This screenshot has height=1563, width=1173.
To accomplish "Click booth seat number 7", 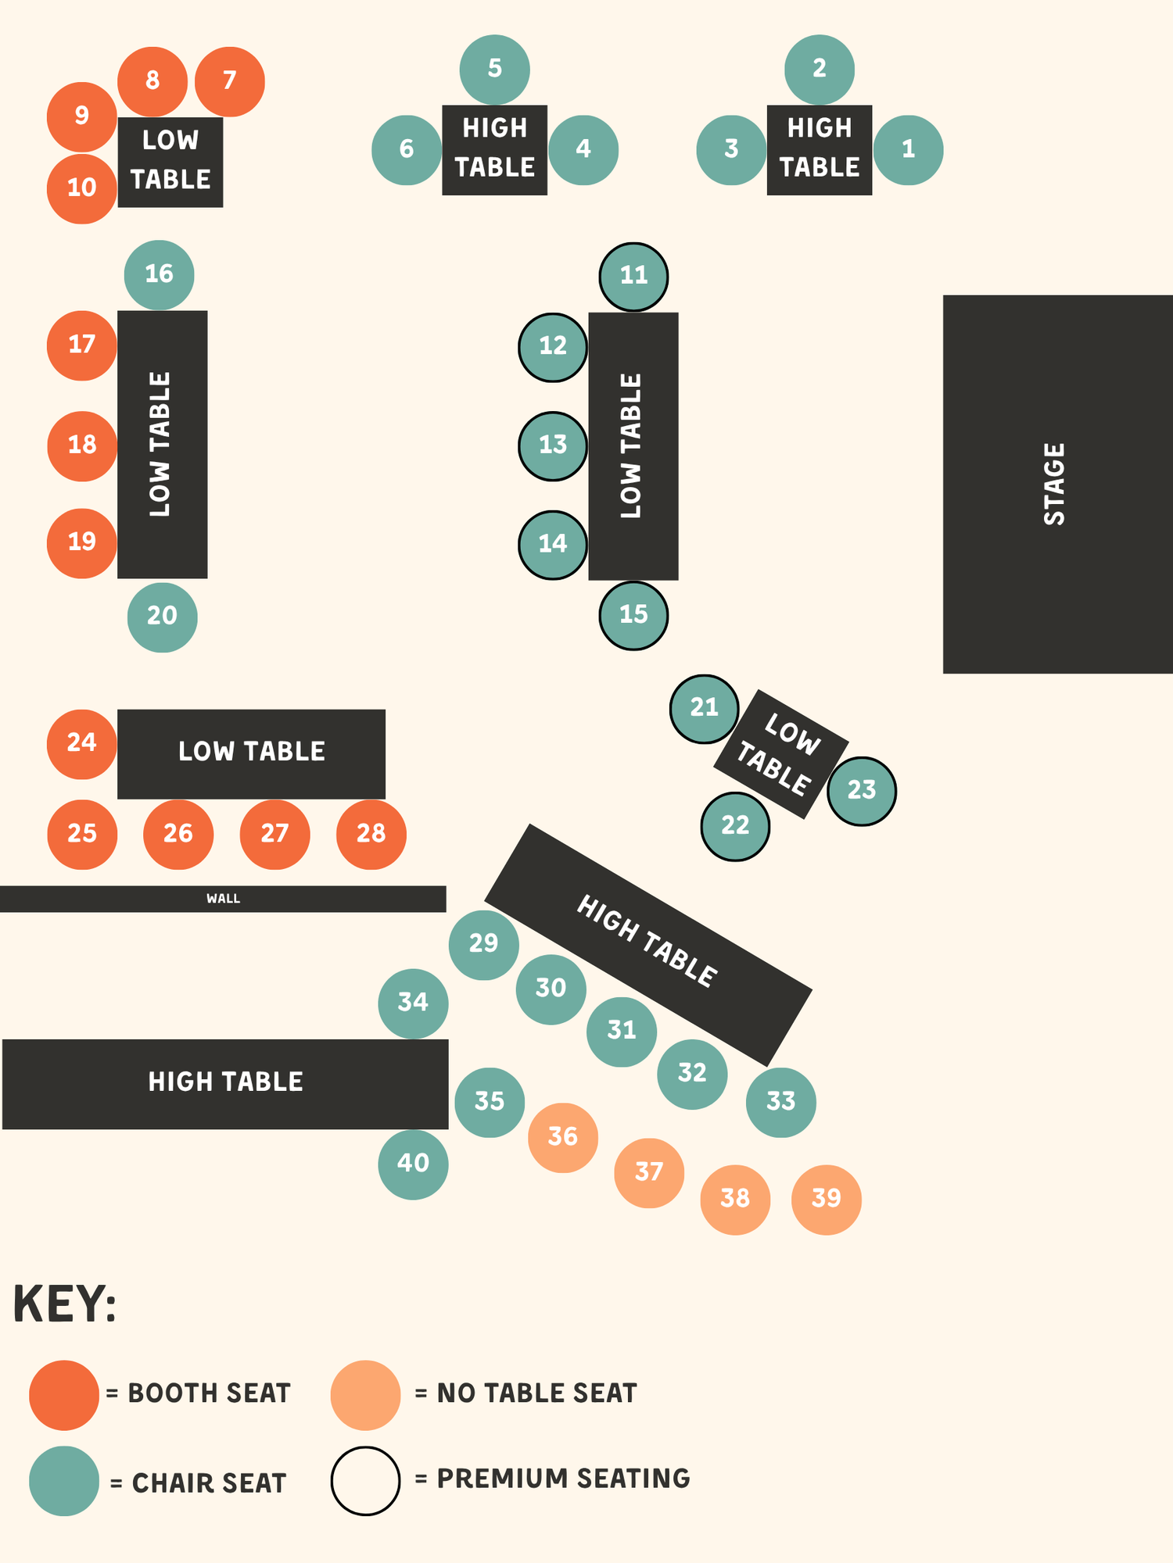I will click(x=229, y=81).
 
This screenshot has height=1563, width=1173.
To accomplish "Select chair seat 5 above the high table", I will click(x=494, y=69).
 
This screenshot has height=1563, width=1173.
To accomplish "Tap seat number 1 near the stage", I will click(x=908, y=149).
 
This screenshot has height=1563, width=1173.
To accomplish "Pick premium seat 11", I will click(x=633, y=276).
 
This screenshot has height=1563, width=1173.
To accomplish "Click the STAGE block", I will click(x=1056, y=484).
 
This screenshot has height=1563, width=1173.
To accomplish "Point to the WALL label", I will click(x=223, y=899).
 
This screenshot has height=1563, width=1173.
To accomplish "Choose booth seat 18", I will click(x=82, y=445).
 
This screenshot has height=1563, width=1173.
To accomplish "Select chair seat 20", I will click(x=162, y=617).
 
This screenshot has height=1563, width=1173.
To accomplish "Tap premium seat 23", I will click(x=862, y=791).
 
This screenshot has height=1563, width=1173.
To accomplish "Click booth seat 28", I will click(x=371, y=834).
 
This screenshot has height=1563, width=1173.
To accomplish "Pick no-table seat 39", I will click(x=826, y=1199).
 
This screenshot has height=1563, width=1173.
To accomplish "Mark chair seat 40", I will click(x=413, y=1164).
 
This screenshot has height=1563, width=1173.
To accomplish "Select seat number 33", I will click(x=780, y=1102).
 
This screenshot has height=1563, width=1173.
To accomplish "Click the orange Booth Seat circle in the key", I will click(x=64, y=1395).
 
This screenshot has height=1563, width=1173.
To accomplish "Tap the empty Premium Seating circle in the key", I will click(x=365, y=1480).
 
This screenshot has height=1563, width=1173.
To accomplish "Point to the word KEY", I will click(x=65, y=1304).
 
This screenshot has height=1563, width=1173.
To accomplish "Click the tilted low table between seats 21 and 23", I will click(x=780, y=753).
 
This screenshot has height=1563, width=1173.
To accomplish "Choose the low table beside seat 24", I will click(x=251, y=753).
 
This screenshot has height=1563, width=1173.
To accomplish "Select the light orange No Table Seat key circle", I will click(x=365, y=1395).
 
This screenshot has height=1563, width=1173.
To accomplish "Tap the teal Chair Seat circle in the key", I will click(x=64, y=1480).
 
